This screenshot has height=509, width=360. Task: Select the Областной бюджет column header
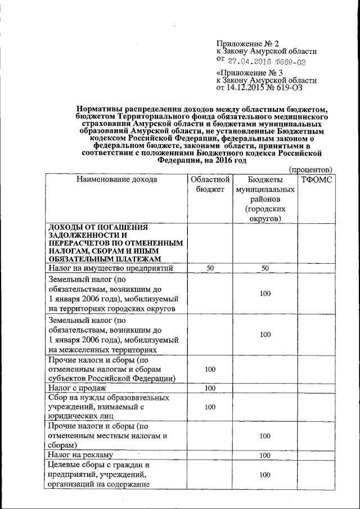[209, 184]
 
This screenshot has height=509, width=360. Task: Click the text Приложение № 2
[247, 43]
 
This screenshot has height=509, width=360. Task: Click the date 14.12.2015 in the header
[249, 88]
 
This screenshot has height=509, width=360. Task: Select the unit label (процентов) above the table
[310, 169]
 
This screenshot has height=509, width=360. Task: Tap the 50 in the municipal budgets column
[265, 268]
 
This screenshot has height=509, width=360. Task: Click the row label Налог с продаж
[76, 388]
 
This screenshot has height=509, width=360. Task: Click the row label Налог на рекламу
[80, 455]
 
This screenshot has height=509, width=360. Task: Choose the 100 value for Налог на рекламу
[265, 455]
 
